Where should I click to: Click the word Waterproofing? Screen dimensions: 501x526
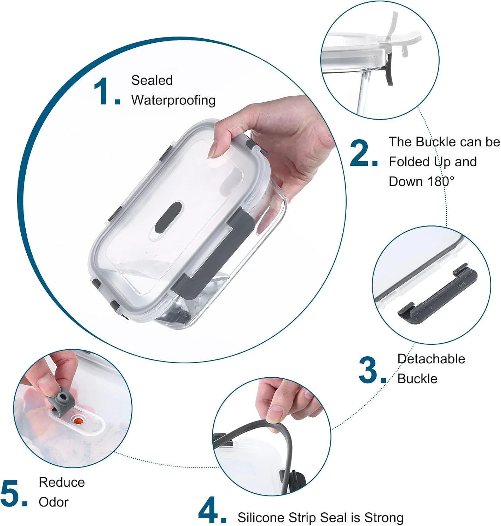tap(173, 100)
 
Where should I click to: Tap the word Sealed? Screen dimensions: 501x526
tap(152, 80)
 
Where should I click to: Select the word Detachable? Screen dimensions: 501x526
tap(431, 359)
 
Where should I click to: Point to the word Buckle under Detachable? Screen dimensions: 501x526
tap(417, 379)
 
